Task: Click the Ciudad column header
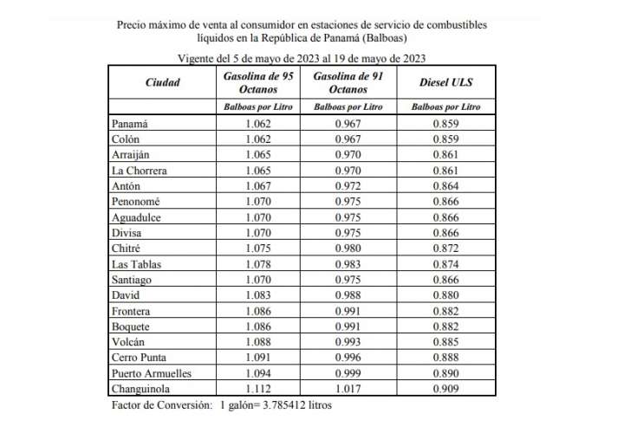click(162, 82)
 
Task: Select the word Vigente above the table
click(198, 57)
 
